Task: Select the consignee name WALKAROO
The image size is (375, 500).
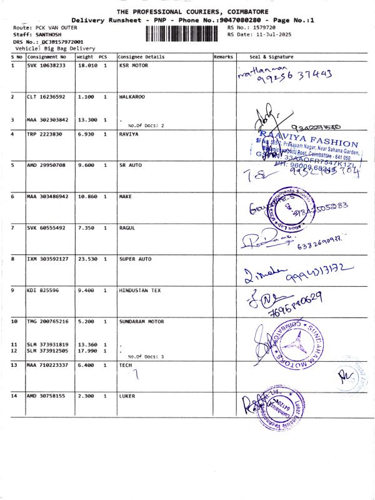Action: click(132, 97)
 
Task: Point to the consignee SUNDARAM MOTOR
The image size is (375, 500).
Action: click(141, 321)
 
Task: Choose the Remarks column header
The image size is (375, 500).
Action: click(223, 57)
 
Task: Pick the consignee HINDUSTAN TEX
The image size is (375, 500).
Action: click(141, 291)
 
